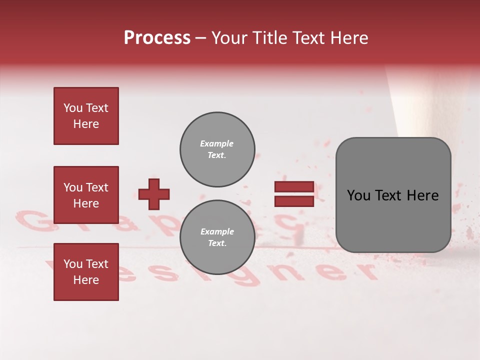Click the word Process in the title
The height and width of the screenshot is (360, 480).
pos(157,38)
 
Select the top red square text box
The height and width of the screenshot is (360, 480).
pos(86,116)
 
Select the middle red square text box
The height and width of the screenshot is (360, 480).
pos(86,195)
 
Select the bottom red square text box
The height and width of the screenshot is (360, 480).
pos(86,272)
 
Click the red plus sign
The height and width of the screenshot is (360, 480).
pos(154,194)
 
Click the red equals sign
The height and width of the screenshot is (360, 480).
pos(294,194)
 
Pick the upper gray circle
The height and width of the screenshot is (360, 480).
pos(217,149)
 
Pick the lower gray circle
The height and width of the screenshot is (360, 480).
pos(217,237)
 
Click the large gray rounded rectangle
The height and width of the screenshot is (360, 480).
pos(393,195)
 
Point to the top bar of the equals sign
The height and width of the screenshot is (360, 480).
pos(294,187)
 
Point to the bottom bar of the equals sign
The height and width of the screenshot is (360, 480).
pos(294,201)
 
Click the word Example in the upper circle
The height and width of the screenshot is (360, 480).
pos(217,144)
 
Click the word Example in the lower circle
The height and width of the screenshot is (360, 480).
pos(217,232)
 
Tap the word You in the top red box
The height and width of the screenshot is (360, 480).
pos(73,108)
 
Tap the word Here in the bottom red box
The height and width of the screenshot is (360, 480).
pos(86,280)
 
